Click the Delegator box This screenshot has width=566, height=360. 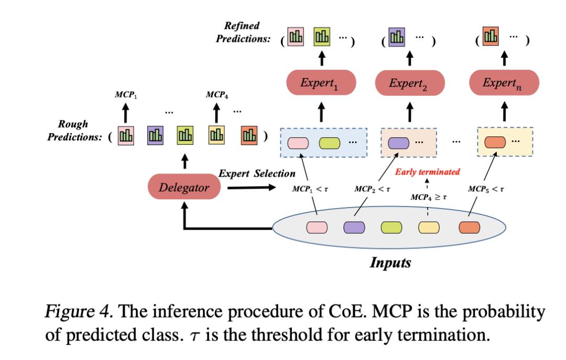coord(184,188)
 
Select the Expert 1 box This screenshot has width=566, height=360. coord(321,82)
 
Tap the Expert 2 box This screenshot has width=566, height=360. coord(410,82)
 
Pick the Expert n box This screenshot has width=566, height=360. coord(503,82)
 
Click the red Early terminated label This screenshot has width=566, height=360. coord(428,171)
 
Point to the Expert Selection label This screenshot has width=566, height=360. coord(257,173)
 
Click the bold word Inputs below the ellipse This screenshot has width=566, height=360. coord(390,262)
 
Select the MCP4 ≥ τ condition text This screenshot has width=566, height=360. coord(428,197)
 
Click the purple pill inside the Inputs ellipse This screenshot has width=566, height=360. coord(354,227)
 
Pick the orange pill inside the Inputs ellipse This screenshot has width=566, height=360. coord(469,227)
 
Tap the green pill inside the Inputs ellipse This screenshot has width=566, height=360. coord(391,227)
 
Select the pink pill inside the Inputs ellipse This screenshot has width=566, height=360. coord(317,227)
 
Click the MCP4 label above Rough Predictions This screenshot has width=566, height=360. coord(216,95)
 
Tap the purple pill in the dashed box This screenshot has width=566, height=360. coord(398,142)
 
